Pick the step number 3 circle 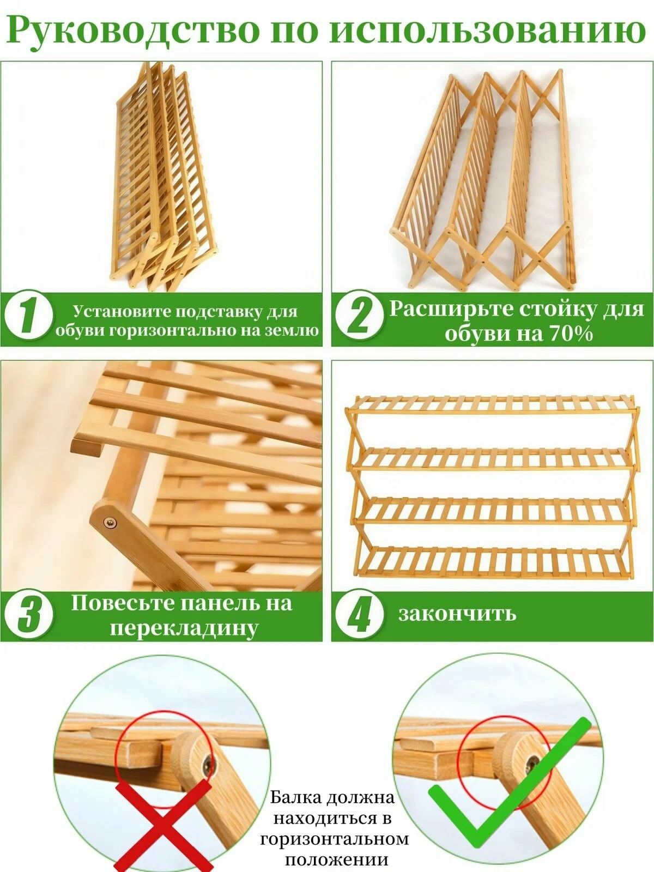click(x=28, y=614)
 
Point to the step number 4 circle click(x=359, y=614)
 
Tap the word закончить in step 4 click(x=457, y=614)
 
